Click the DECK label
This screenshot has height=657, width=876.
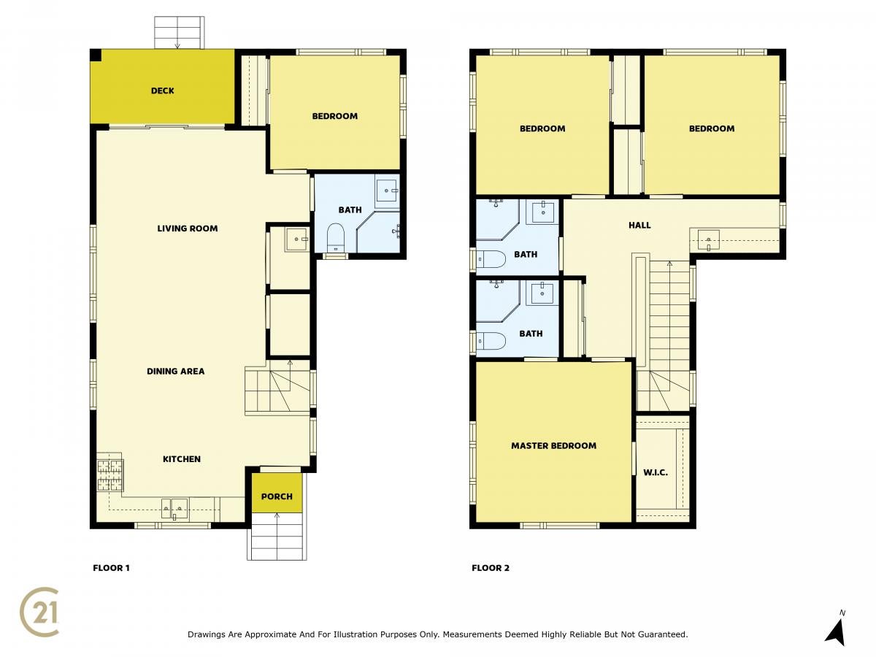[163, 91]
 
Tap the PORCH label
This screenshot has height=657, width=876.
[277, 496]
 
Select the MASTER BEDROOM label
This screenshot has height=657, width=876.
[553, 445]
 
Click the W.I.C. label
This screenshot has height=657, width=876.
[656, 473]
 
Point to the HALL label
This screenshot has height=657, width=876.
[639, 225]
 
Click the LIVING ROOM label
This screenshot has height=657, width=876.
[187, 228]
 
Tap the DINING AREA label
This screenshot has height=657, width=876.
[176, 372]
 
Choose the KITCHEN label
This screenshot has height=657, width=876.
[182, 459]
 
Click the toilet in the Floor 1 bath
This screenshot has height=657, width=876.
[336, 237]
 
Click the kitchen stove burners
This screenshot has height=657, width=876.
[109, 474]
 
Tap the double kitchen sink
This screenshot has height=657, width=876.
[174, 509]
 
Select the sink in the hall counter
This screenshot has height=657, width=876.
[708, 239]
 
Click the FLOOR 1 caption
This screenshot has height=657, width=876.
[111, 568]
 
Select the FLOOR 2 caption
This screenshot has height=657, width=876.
[491, 568]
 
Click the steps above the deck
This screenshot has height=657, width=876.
[179, 33]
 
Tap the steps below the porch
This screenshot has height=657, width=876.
[277, 537]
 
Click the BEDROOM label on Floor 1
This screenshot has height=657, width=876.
[334, 116]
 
